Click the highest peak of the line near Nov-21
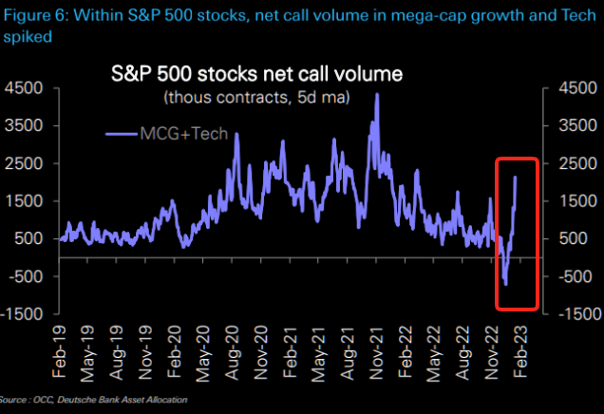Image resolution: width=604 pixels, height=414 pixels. click(377, 94)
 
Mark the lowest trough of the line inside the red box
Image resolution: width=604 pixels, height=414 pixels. click(505, 284)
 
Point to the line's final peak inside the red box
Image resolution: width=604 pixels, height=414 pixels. click(516, 178)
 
